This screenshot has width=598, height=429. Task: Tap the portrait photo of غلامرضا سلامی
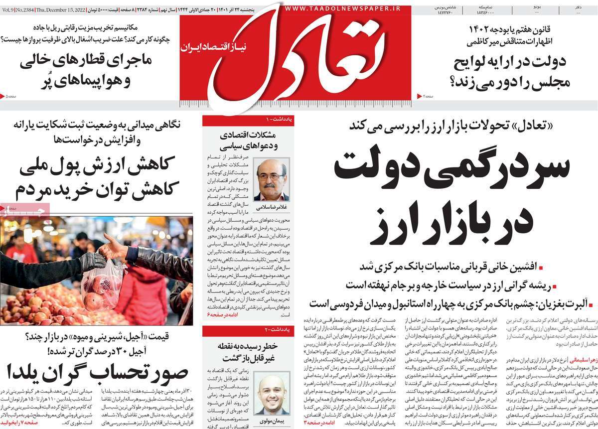tap(271, 179)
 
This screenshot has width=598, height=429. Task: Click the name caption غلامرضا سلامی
tap(271, 206)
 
